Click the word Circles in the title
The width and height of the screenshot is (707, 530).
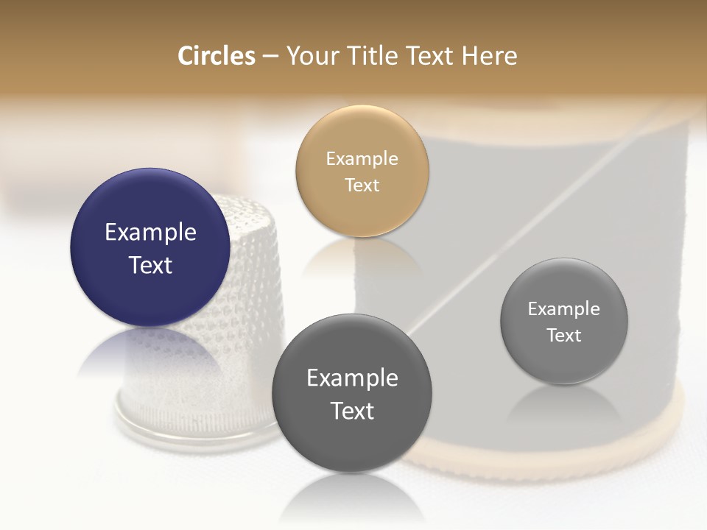pyautogui.click(x=216, y=56)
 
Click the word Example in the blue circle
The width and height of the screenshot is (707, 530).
pyautogui.click(x=150, y=233)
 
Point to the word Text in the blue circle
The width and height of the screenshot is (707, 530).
pyautogui.click(x=150, y=265)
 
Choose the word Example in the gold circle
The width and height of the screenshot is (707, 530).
pyautogui.click(x=362, y=159)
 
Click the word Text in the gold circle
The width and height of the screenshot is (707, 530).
pyautogui.click(x=362, y=185)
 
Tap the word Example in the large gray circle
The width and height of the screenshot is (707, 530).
pyautogui.click(x=352, y=378)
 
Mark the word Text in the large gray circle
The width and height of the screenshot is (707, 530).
pyautogui.click(x=352, y=411)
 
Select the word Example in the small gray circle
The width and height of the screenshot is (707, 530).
pyautogui.click(x=564, y=309)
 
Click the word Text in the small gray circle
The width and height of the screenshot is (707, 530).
pyautogui.click(x=564, y=335)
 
